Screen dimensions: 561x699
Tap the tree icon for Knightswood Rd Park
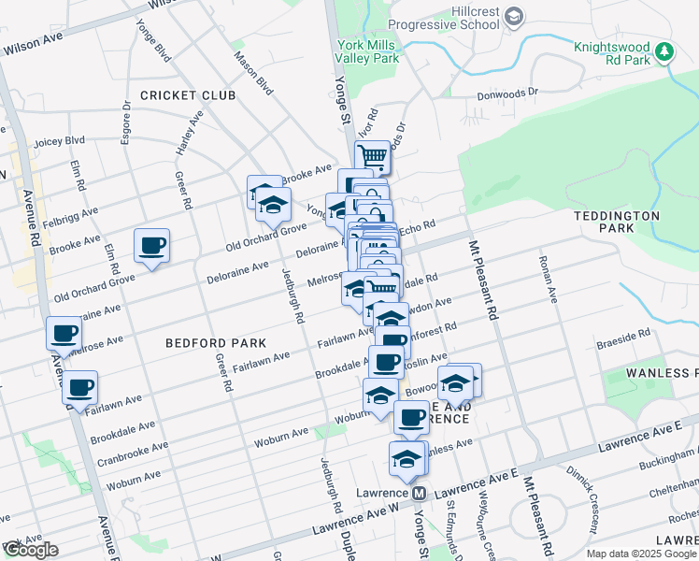pos(664,52)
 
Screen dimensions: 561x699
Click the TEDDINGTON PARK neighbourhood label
pos(618,222)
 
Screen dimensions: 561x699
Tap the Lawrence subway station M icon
pos(420,493)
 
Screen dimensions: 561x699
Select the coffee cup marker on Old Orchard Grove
pos(151,246)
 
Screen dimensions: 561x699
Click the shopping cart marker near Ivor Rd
pos(373,156)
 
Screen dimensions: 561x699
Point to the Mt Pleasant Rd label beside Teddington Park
pos(482,280)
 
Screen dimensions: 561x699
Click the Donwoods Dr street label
pos(507,93)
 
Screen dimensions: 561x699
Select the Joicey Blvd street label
pos(59,141)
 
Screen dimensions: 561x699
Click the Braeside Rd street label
pos(630,334)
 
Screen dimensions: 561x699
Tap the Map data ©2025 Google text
pos(641,554)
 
